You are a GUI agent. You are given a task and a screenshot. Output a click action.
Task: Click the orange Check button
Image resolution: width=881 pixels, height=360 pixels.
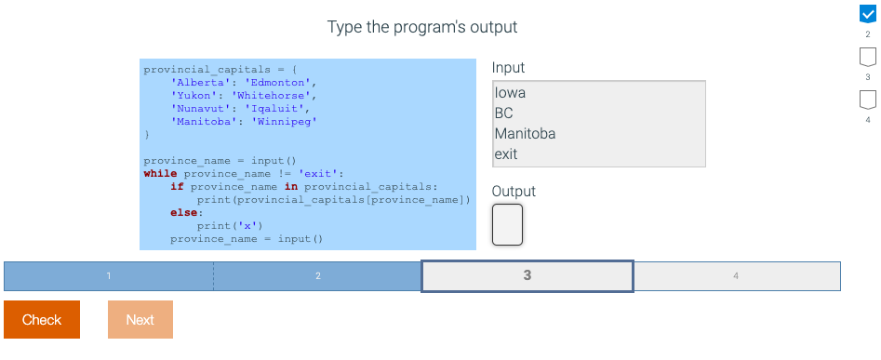click(42, 320)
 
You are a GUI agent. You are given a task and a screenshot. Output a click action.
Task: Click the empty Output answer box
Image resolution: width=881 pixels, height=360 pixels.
click(507, 224)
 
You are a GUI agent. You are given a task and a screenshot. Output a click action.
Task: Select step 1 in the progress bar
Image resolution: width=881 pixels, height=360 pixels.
click(109, 276)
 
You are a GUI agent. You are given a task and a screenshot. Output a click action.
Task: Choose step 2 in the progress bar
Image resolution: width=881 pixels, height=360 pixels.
click(317, 276)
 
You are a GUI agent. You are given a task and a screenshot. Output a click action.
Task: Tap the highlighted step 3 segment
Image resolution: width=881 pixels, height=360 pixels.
click(527, 276)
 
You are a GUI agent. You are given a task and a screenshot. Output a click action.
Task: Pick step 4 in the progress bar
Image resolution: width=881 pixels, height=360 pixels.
click(736, 276)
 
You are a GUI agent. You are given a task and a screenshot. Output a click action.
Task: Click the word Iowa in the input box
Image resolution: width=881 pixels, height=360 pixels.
click(511, 93)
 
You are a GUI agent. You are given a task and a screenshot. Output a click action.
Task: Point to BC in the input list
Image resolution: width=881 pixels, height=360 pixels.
click(504, 113)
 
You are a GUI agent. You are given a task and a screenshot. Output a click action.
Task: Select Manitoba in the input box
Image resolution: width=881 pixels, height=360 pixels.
click(525, 134)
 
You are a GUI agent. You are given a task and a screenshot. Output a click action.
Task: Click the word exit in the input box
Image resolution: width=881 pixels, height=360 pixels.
click(506, 154)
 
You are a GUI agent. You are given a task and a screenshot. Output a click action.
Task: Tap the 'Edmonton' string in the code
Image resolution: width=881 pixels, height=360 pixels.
click(284, 82)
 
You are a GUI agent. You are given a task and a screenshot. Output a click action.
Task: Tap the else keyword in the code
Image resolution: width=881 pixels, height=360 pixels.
click(183, 213)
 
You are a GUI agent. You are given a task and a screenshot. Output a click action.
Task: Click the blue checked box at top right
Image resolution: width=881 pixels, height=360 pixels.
click(867, 13)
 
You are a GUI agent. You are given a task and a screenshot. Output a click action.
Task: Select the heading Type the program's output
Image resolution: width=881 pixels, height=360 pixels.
click(422, 27)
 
